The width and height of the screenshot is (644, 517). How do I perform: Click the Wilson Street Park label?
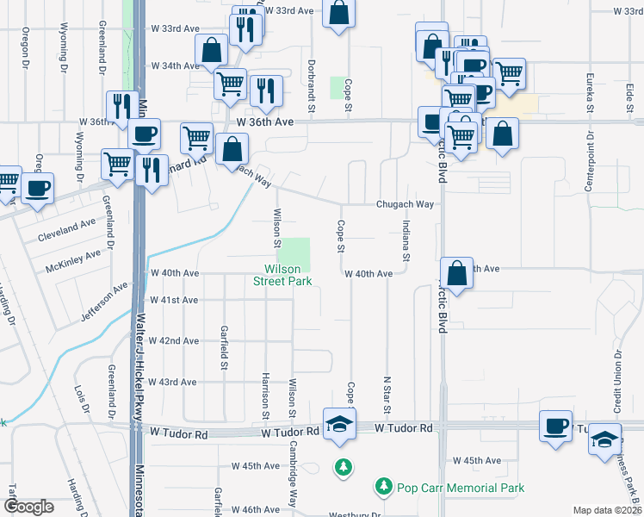pos(282,275)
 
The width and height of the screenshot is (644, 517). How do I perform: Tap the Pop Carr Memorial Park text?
pos(460,488)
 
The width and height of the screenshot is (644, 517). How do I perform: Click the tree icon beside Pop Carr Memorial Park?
pos(383,487)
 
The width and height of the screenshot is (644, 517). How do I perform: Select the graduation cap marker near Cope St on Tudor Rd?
pos(340,425)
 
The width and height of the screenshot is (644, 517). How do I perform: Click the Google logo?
pos(28,507)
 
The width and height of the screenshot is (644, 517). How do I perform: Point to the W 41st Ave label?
pos(174,300)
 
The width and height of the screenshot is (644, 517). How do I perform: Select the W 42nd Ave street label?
pos(174,340)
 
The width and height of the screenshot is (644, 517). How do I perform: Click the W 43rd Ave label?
pos(173,381)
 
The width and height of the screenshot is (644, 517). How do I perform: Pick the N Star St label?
pos(387,393)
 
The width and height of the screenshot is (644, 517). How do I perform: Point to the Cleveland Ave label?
pos(67,229)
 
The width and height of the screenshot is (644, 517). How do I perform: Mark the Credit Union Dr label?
pos(617,379)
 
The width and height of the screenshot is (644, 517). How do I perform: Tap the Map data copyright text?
pos(608,510)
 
